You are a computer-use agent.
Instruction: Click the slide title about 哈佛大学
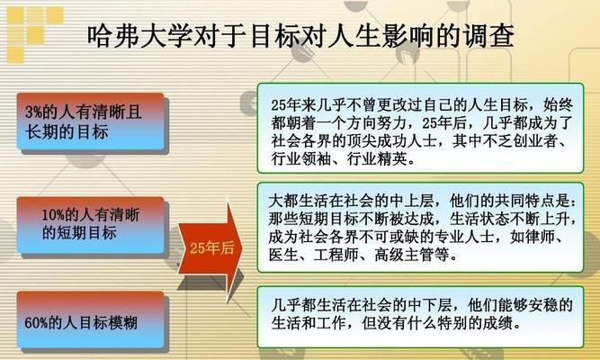(300, 37)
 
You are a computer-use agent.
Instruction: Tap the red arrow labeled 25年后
(210, 249)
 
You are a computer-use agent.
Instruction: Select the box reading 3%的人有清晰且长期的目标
(90, 121)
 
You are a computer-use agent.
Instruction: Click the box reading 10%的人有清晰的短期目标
(90, 225)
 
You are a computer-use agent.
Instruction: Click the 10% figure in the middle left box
(53, 215)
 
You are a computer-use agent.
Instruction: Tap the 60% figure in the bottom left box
(36, 323)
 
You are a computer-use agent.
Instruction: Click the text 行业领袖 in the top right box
(300, 158)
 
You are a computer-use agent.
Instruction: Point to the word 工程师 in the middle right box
(336, 255)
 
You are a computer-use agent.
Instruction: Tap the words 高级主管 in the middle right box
(404, 255)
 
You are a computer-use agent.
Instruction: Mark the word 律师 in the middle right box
(541, 237)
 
